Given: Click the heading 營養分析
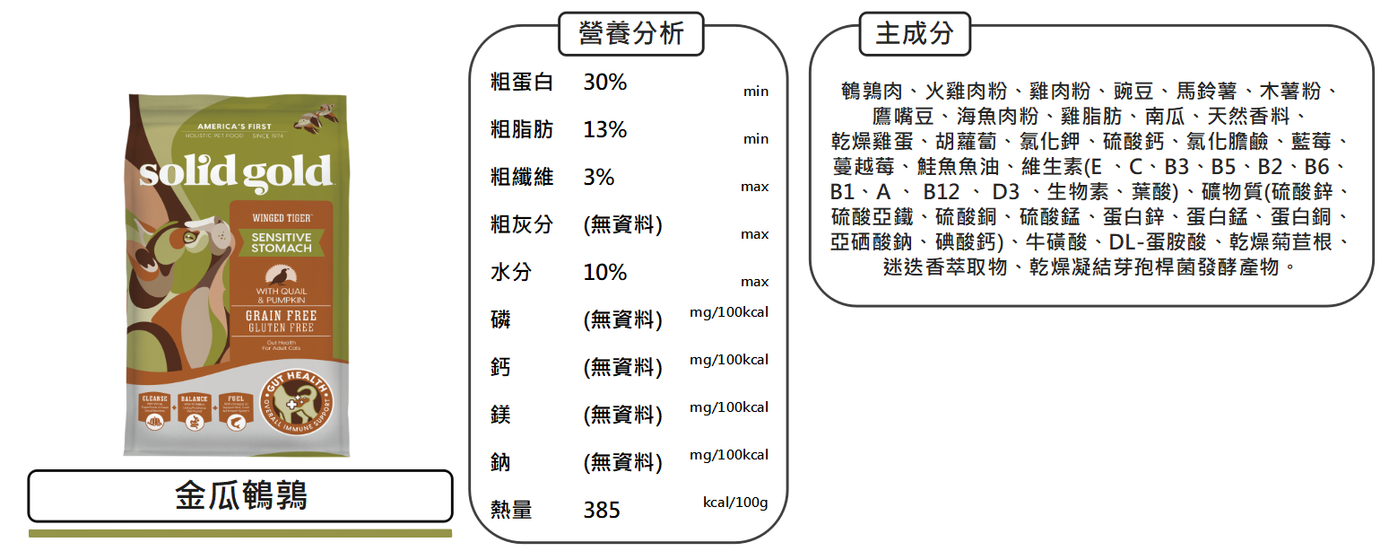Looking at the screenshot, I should point(630,34).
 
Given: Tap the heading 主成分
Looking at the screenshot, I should point(914,34).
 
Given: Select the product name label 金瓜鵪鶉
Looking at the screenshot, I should point(240,495).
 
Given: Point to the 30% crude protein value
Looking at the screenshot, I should point(605,83).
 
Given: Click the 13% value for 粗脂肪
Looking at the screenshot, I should point(605,130).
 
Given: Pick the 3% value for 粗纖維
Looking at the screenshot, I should point(599,178).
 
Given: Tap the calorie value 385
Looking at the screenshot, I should point(602,511).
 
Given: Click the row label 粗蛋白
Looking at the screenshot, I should point(522,83).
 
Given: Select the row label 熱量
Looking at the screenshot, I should point(511,511).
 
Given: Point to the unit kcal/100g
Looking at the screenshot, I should point(734,503).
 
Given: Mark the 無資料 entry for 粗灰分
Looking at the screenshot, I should point(622,225).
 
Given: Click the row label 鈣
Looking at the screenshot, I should point(501,368).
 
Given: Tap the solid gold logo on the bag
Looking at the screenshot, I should point(235,171).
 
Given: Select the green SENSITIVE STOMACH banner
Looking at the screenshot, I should point(281,242).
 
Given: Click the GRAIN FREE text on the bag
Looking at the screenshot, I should point(281,316).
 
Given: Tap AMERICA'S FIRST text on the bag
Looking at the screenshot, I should point(234,126).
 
